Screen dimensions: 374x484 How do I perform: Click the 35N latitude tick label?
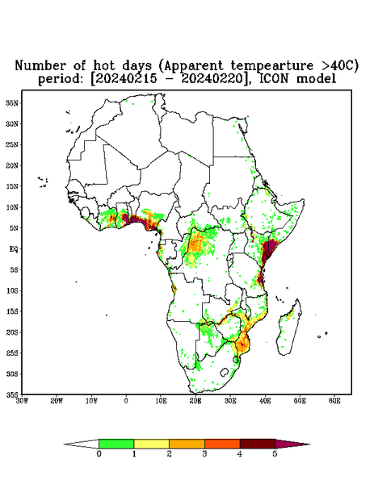click(x=12, y=102)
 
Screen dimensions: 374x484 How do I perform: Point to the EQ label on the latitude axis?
click(x=13, y=248)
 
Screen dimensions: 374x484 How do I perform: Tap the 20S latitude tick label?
click(x=12, y=332)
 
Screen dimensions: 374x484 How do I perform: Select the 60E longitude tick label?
click(x=334, y=401)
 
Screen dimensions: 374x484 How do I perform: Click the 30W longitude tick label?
click(x=22, y=401)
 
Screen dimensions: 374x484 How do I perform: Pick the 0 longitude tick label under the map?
click(x=126, y=401)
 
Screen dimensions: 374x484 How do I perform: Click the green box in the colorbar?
click(x=116, y=444)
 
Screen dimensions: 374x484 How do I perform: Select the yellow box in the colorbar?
click(x=151, y=444)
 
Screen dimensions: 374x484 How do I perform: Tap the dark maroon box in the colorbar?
click(x=258, y=444)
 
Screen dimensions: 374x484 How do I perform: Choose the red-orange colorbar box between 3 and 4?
click(x=222, y=444)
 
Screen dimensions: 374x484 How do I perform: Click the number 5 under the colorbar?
click(x=275, y=454)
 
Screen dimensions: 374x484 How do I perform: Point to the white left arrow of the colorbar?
click(x=82, y=444)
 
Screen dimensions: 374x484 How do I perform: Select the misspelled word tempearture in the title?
click(x=267, y=65)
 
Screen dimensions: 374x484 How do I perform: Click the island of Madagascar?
click(x=289, y=329)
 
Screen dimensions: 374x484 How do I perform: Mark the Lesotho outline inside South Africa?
click(x=225, y=372)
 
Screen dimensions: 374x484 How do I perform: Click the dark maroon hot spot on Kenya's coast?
click(x=269, y=251)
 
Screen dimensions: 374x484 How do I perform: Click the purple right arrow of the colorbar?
click(x=292, y=444)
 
